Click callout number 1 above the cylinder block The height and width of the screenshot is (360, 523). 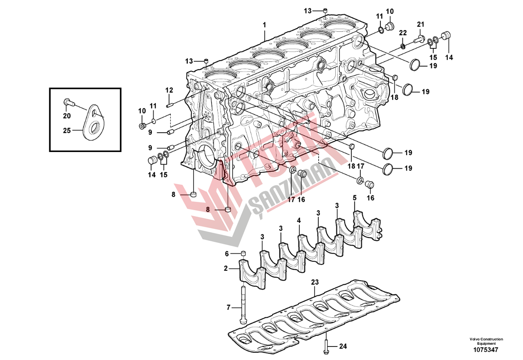point(264,25)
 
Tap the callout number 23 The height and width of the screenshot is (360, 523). point(315,282)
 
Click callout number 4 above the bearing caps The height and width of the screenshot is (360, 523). point(299,220)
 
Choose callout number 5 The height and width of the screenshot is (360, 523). point(354,198)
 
